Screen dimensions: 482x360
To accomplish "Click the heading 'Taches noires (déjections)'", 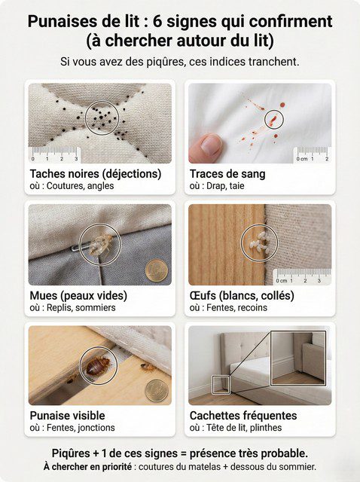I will [x=95, y=174].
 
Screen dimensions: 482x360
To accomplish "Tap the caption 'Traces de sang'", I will [x=227, y=174].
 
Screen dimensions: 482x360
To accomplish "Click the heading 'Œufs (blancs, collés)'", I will [x=242, y=295].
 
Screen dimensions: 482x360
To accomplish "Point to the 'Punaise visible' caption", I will [x=67, y=416].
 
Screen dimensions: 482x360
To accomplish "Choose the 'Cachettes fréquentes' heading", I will [x=243, y=416].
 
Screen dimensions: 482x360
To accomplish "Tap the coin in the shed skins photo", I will [x=156, y=270].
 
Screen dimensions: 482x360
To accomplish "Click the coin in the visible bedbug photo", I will [x=156, y=389].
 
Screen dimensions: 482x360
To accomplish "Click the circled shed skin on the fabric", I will [x=99, y=243].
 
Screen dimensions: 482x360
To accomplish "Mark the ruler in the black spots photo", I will [x=54, y=156].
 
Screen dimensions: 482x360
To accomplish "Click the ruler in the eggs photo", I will [x=301, y=276].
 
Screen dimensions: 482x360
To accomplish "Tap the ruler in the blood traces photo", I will [x=312, y=155].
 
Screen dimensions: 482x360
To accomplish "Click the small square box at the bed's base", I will [x=221, y=385].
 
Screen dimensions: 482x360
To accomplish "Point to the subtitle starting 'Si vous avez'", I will [x=179, y=62].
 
